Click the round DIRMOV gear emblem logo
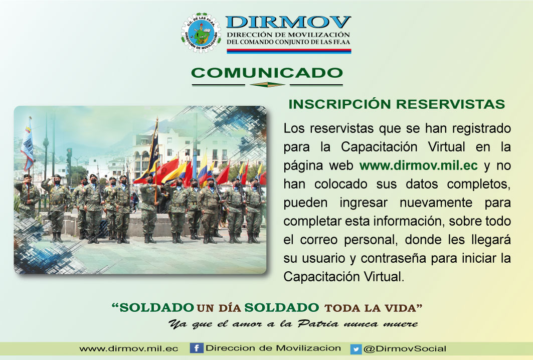201,33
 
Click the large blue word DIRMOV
288,22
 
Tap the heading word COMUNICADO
267,73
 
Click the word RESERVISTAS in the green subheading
451,104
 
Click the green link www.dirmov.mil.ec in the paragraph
419,165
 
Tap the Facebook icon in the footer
197,348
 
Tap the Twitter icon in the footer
356,349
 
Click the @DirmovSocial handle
405,349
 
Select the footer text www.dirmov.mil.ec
129,349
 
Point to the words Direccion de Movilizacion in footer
273,348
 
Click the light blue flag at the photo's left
28,144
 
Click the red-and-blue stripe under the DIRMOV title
289,51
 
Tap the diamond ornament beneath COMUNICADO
267,85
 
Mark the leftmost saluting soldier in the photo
27,197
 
